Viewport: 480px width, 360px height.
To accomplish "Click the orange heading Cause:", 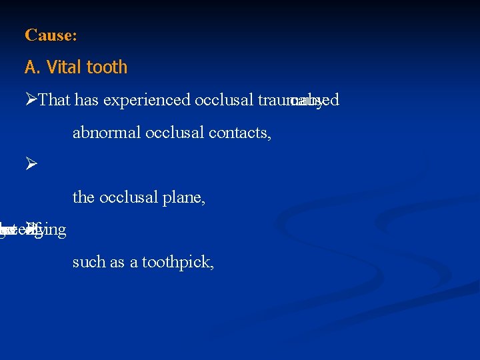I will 51,35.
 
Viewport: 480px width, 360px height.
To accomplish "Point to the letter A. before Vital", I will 32,67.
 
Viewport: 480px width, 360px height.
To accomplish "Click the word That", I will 55,100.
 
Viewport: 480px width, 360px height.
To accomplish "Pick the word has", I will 86,100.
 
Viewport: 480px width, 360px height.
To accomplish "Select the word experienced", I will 146,101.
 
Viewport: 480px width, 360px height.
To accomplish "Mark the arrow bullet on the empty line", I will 31,165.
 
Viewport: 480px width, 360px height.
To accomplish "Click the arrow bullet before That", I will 31,100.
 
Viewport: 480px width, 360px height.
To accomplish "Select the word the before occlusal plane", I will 83,198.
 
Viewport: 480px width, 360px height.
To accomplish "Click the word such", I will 86,263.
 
